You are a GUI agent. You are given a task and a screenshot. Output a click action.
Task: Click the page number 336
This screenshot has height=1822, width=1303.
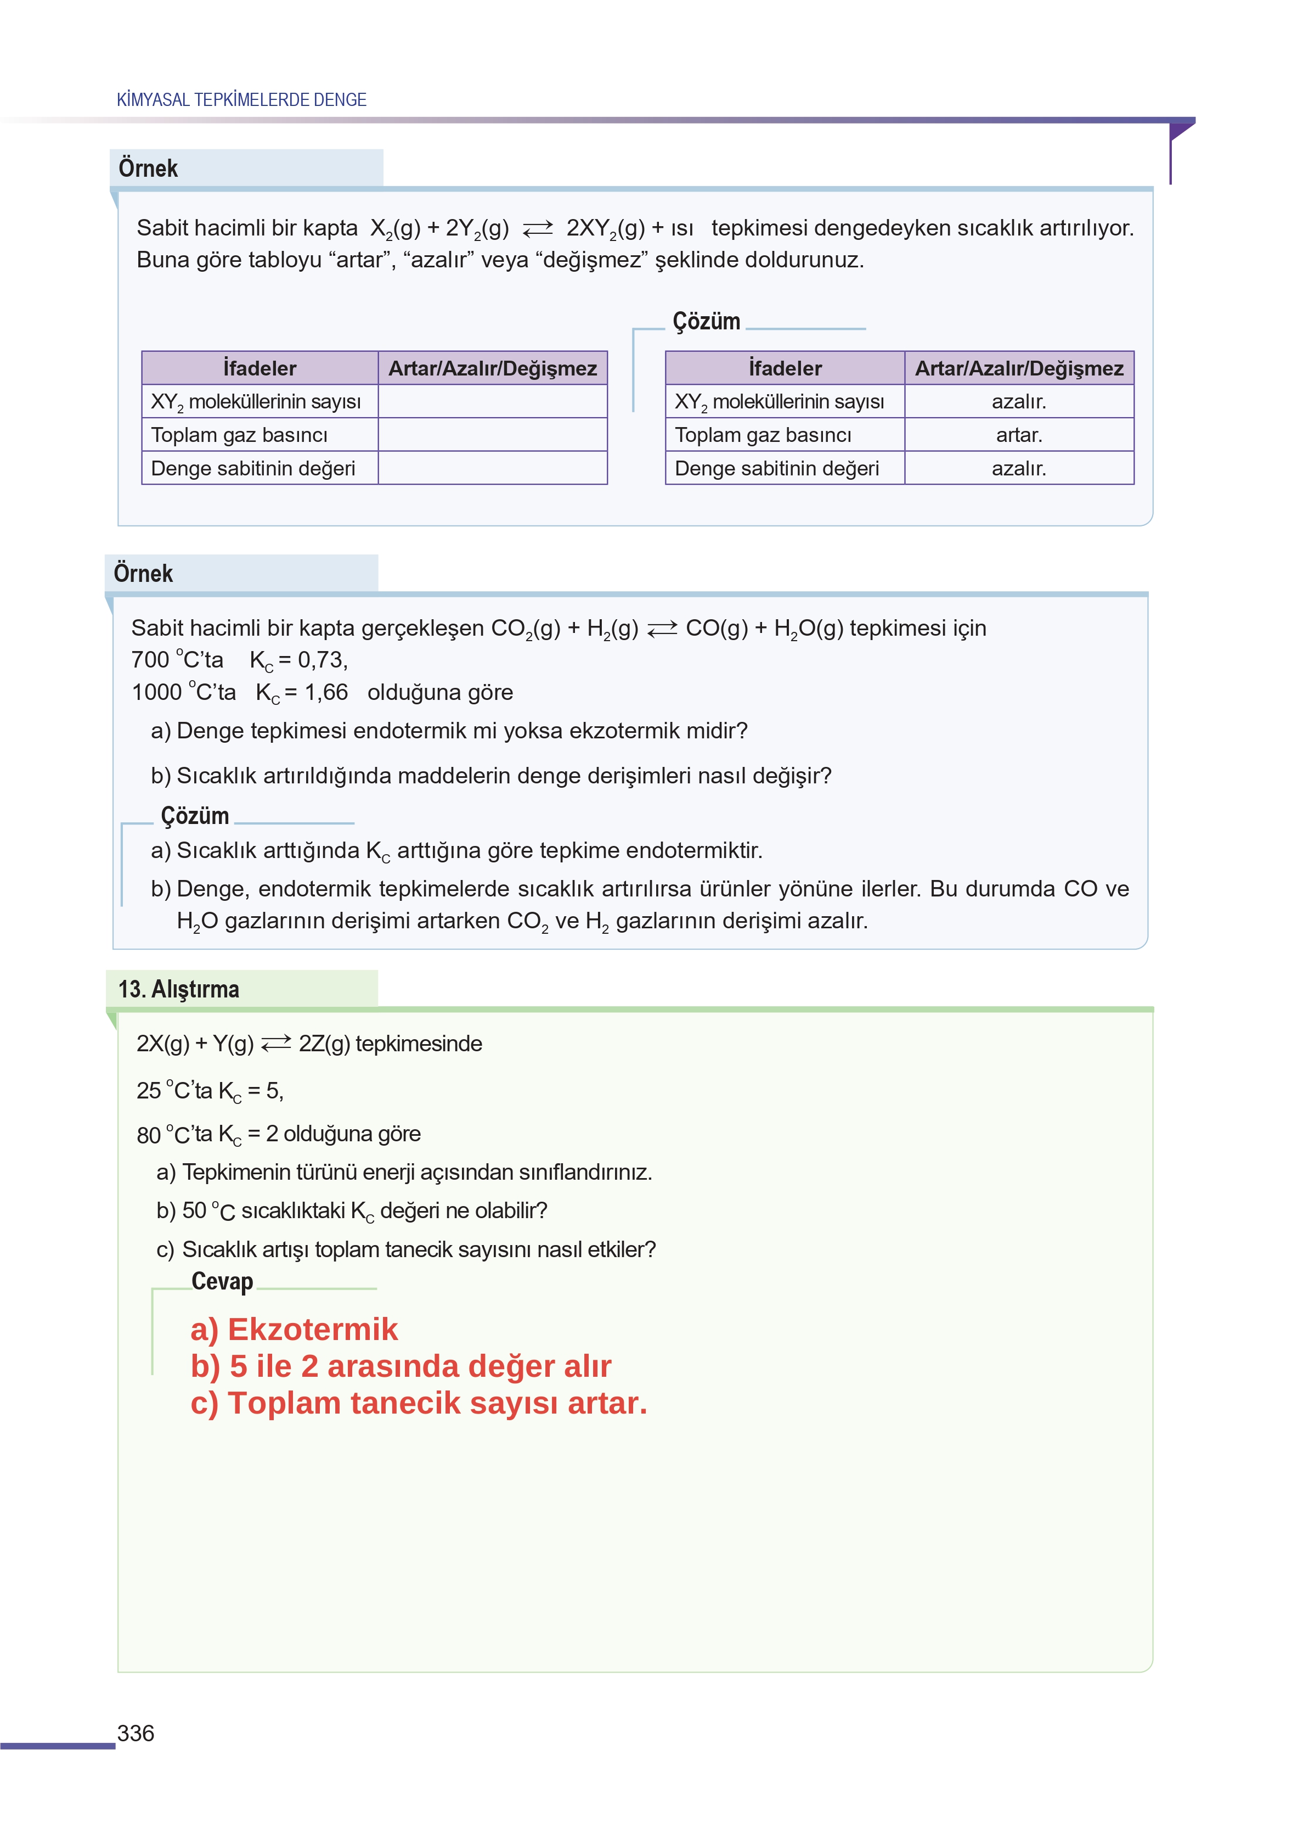pos(136,1734)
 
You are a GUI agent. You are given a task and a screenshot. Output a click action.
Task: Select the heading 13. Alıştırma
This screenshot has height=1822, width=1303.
pos(178,989)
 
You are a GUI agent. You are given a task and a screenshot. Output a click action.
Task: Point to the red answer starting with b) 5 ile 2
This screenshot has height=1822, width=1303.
pos(401,1366)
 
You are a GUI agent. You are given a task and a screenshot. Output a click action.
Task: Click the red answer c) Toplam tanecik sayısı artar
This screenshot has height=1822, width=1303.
pos(418,1403)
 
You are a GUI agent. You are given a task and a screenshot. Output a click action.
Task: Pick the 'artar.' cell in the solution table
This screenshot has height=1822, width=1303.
pos(1018,435)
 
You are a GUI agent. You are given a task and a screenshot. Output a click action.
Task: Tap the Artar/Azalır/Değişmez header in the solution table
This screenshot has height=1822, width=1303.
pos(1018,368)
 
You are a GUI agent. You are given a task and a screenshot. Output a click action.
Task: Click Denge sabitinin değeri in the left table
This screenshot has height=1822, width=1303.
pos(253,469)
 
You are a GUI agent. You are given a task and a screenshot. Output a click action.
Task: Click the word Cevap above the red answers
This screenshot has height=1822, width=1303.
pos(222,1282)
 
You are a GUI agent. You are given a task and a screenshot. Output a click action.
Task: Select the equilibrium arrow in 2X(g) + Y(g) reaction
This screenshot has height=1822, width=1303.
pos(276,1044)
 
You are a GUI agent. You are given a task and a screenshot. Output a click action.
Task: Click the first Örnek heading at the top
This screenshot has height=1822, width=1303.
pos(149,169)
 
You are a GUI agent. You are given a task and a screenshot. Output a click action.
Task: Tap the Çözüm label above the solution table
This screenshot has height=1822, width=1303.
pos(706,322)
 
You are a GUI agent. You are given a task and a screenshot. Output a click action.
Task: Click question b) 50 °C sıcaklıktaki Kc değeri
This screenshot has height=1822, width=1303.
pos(352,1210)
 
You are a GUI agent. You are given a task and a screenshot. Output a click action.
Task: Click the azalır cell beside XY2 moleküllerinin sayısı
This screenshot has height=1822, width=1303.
pos(1018,401)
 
